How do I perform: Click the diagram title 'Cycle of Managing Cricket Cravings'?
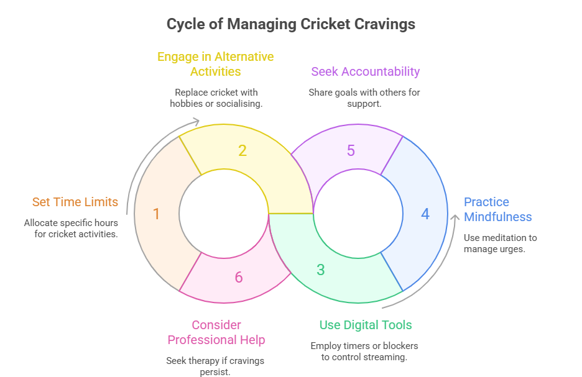pyautogui.click(x=290, y=25)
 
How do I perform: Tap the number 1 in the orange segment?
pyautogui.click(x=156, y=214)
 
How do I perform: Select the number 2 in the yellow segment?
pyautogui.click(x=242, y=151)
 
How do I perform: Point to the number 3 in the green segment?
pyautogui.click(x=320, y=270)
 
